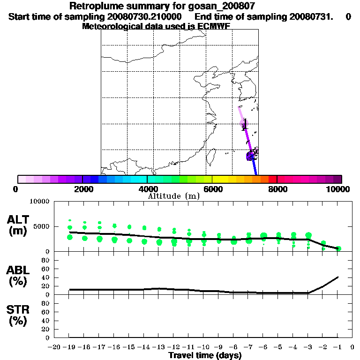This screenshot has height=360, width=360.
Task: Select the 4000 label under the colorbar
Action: (147, 189)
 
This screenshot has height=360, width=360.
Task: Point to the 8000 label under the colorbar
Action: (277, 189)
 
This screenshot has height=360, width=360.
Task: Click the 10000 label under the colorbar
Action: (339, 189)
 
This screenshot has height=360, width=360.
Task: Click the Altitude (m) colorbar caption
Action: (173, 196)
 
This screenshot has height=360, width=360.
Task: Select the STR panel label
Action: (19, 315)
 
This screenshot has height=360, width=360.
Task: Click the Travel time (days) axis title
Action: (205, 355)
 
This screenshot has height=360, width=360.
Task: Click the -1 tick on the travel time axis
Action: (337, 347)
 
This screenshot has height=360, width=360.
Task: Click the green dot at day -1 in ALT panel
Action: (338, 248)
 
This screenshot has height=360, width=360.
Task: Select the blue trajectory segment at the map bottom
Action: (255, 168)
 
